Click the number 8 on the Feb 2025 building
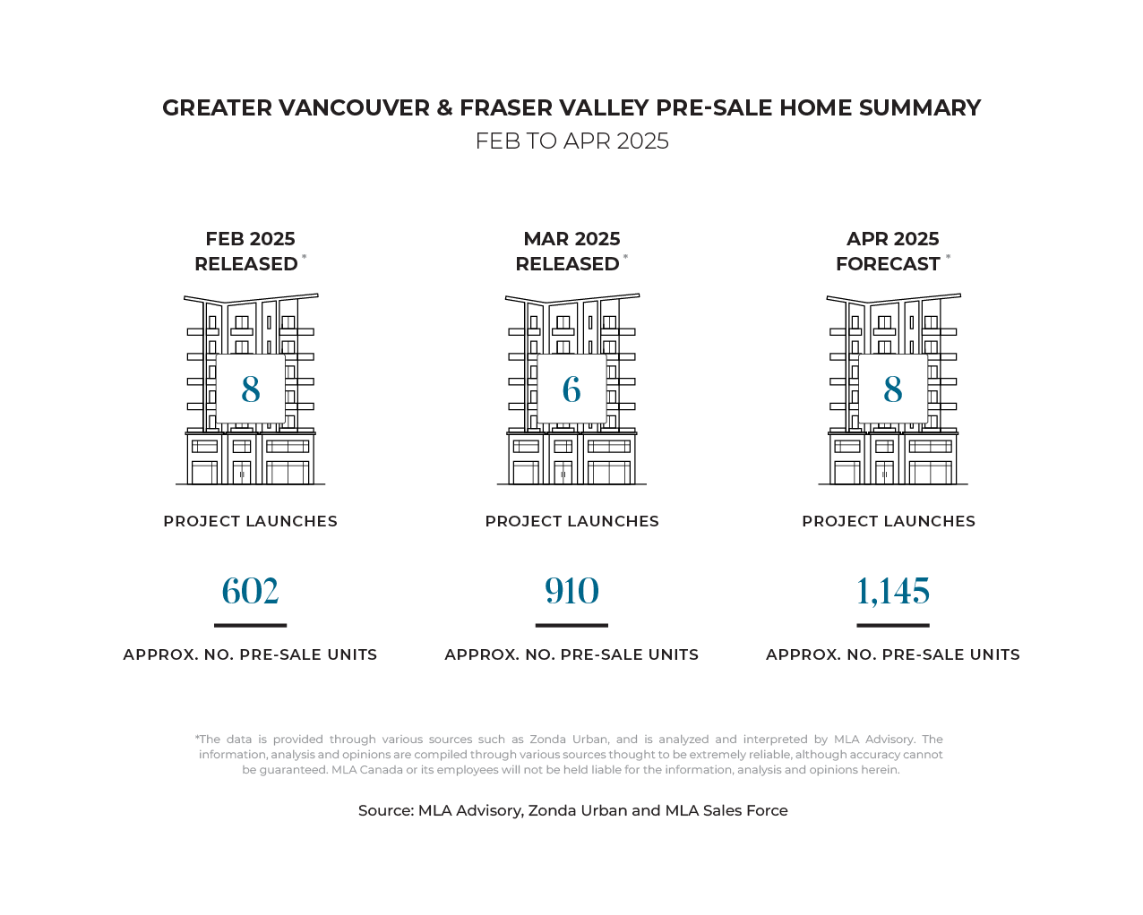[251, 389]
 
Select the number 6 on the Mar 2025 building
[571, 389]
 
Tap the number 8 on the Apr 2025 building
[893, 389]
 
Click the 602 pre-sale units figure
[250, 591]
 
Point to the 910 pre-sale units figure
[571, 591]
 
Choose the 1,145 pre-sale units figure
[893, 591]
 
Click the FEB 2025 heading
[250, 239]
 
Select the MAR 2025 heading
[571, 239]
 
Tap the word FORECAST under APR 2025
[888, 264]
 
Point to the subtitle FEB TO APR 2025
[571, 141]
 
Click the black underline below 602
[250, 625]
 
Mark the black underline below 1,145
[893, 625]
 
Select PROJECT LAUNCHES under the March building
[571, 521]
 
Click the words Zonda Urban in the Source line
[577, 810]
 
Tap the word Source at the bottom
[383, 810]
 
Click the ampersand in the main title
[444, 107]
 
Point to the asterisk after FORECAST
[948, 257]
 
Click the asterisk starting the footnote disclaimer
[197, 738]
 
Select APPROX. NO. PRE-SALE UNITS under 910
[571, 654]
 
